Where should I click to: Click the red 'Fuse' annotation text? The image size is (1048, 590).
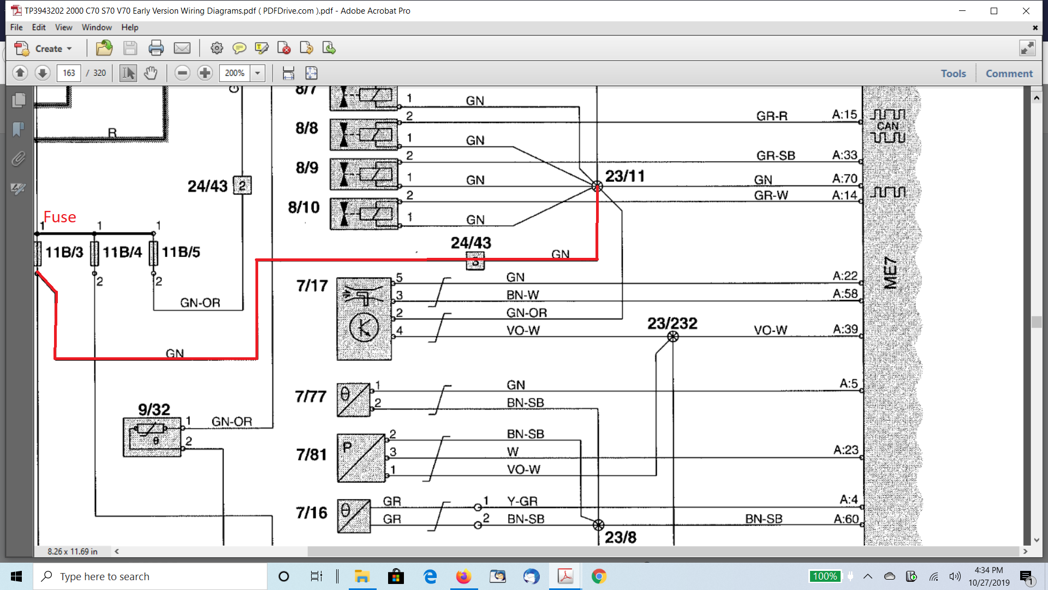(59, 217)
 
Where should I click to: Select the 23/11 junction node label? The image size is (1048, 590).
(625, 176)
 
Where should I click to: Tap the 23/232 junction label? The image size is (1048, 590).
(672, 323)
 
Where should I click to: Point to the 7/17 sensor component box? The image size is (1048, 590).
(364, 319)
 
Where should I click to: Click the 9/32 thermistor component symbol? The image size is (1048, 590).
(152, 436)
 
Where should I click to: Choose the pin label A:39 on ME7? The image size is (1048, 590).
(845, 329)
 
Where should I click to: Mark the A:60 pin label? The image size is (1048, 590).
(846, 519)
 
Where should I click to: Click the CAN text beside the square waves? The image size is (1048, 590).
(888, 126)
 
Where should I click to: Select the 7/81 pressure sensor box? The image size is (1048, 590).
(361, 458)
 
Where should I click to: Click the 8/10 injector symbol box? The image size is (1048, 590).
(364, 214)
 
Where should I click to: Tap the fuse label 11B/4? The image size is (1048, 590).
(122, 252)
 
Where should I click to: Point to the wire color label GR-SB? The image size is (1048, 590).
(776, 156)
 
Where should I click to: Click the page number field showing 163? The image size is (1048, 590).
(69, 73)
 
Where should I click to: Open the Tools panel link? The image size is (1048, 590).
(953, 74)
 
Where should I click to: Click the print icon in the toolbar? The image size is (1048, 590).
(156, 49)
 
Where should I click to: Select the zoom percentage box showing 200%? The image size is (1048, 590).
(235, 73)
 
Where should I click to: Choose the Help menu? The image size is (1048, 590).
(129, 27)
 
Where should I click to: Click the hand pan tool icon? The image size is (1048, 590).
(151, 73)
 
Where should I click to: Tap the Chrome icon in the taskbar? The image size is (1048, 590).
(599, 576)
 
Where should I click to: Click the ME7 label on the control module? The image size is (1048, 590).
(890, 273)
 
